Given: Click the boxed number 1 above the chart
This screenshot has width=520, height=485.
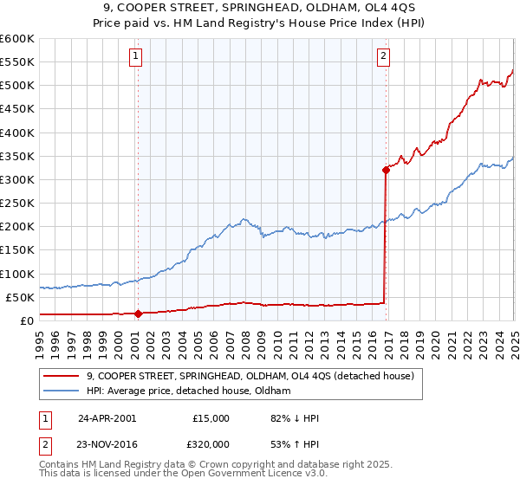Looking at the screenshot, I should coord(137,58).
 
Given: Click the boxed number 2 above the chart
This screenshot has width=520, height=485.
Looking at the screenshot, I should coord(383,58).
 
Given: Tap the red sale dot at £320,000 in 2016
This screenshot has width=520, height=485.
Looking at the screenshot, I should coord(385,170).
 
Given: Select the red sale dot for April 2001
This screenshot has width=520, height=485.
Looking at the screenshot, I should coord(138,314).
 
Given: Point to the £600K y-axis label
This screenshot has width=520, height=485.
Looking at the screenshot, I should coord(16,39).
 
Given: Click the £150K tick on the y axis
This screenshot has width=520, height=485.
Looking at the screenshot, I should coord(16,250).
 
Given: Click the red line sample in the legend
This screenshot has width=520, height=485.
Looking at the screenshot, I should coord(61,376).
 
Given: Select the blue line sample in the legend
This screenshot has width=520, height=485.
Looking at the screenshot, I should coord(61,391).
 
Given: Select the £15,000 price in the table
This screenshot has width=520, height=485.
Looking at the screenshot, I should coord(211,418).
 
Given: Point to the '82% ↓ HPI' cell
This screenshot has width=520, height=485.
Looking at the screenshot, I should coord(295,418).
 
